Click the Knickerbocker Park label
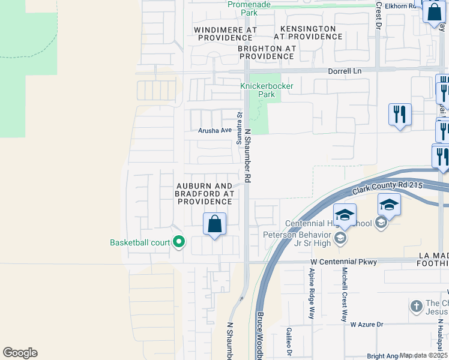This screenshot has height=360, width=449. (258, 90)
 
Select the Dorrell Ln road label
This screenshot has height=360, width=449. (345, 71)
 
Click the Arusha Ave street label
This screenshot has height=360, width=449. (215, 130)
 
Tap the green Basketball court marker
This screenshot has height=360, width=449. (179, 242)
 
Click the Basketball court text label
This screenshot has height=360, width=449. (140, 243)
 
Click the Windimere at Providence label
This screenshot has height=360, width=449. (225, 33)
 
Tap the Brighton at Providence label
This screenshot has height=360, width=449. (266, 52)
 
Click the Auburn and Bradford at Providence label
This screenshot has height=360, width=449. (203, 194)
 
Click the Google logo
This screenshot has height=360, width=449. (20, 353)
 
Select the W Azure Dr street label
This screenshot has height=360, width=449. (366, 325)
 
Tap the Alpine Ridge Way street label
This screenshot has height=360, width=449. (312, 293)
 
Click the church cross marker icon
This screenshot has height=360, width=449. (416, 307)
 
